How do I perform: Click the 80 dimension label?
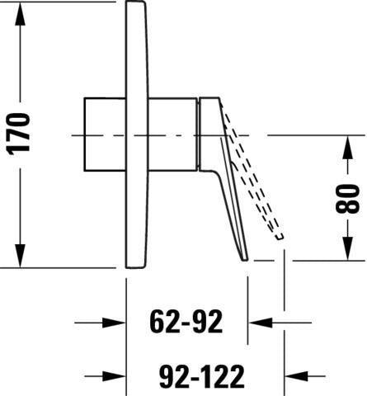[x=348, y=199]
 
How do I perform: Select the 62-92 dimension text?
[x=186, y=321]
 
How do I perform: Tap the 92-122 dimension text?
[x=202, y=376]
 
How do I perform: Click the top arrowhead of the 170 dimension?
[x=20, y=14]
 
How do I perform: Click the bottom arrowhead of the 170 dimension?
[x=20, y=256]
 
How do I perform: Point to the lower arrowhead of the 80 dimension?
[x=348, y=248]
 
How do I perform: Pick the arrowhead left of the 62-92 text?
[x=114, y=323]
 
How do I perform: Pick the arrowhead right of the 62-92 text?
[x=260, y=323]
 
